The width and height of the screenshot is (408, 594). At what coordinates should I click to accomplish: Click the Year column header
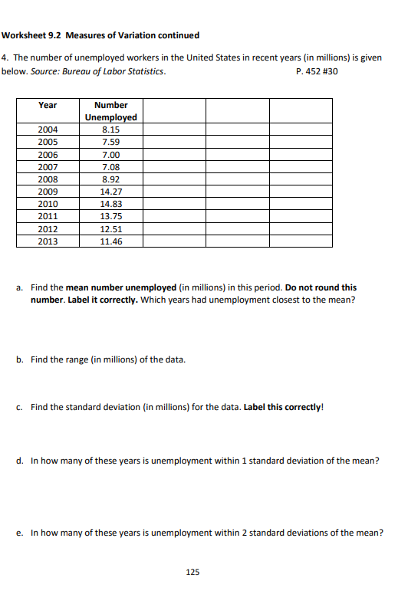48,105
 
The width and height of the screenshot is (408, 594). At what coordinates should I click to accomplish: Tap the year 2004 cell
48,130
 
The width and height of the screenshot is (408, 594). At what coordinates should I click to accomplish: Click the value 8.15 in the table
110,130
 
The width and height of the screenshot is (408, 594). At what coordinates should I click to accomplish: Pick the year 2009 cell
48,192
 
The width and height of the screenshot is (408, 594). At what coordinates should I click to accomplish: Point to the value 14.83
111,204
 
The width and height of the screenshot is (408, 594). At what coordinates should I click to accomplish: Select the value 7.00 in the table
110,154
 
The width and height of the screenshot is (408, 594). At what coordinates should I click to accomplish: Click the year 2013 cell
48,241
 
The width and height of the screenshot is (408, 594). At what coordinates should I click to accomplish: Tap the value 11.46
111,241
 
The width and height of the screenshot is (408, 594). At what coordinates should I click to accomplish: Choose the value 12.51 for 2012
111,229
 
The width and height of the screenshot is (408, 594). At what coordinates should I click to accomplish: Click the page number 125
192,572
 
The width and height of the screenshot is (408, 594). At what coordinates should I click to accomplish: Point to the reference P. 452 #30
316,71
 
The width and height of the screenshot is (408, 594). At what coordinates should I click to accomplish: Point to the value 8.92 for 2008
110,179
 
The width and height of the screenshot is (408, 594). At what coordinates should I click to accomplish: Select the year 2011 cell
48,216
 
